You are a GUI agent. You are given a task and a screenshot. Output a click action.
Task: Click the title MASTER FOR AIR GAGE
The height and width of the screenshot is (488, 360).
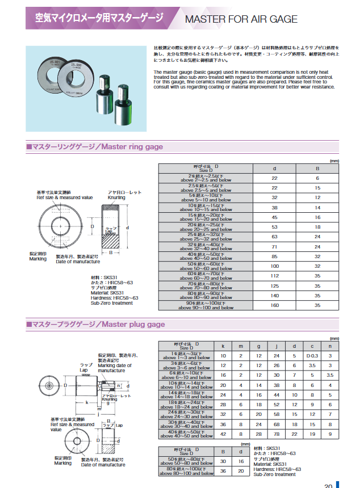click(241, 19)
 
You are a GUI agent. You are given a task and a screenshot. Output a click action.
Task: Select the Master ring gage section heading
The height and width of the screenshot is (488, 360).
click(95, 147)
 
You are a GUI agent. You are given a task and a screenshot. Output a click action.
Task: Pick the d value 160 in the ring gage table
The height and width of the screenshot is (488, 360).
click(275, 305)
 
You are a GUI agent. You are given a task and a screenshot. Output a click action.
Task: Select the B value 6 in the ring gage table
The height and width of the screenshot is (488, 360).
click(317, 178)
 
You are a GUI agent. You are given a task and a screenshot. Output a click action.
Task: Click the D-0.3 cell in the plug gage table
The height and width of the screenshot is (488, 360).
click(311, 356)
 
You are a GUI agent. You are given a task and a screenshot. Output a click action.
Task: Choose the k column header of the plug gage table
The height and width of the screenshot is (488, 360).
click(223, 345)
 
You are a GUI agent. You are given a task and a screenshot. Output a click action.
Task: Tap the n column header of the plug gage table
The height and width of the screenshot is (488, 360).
click(329, 345)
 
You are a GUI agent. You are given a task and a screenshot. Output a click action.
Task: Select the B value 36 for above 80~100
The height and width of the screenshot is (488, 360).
click(223, 472)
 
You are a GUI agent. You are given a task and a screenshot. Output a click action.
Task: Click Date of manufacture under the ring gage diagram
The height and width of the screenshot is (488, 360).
click(78, 261)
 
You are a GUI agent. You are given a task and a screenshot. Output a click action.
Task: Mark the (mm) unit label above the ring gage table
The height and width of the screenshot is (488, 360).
click(334, 161)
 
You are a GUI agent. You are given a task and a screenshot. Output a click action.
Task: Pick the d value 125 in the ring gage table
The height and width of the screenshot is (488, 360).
click(275, 287)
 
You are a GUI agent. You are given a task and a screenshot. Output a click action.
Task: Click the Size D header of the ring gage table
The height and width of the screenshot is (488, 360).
click(206, 169)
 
